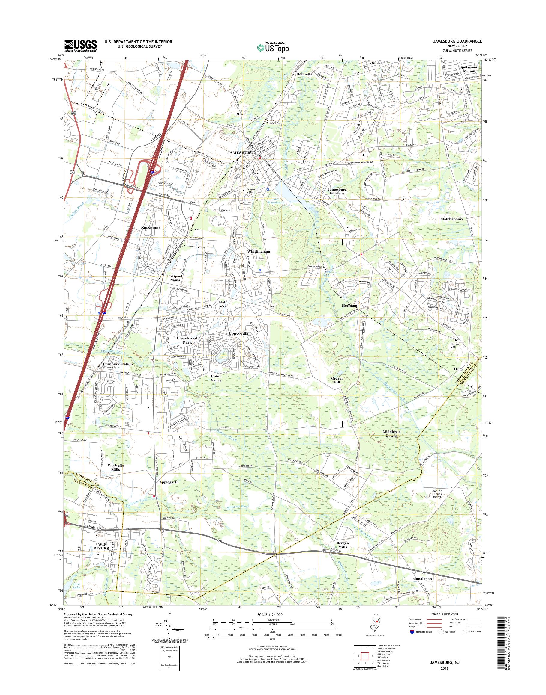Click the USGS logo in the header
[81, 46]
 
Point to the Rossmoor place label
[151, 228]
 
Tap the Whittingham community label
[258, 252]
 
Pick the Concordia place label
[238, 333]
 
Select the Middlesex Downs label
[394, 433]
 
